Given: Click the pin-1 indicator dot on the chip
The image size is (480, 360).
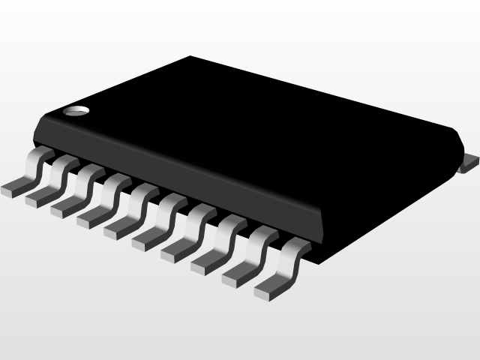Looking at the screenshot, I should pos(75,112).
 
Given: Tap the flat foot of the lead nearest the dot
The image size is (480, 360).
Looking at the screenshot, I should pos(13,186).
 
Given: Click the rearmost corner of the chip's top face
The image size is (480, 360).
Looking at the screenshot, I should pos(191,56).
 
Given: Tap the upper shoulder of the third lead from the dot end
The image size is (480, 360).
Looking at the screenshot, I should pos(91,172).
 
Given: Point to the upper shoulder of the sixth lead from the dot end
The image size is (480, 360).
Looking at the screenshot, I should pos(173,200).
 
